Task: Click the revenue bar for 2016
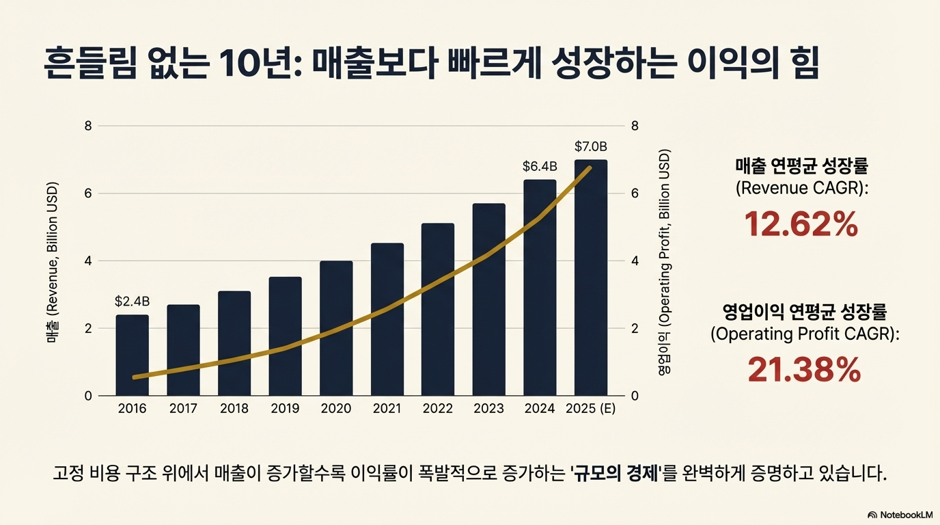(132, 355)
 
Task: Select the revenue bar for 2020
(336, 328)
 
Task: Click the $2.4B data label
(132, 301)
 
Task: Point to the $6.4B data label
(540, 166)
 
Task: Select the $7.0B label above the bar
(591, 146)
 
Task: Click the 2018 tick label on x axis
(234, 409)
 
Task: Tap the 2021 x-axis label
(387, 409)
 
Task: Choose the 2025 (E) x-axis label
(591, 409)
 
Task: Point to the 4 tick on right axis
(635, 261)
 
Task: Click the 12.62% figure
(801, 224)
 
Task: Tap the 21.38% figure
(804, 370)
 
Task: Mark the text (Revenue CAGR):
(801, 188)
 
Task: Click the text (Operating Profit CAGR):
(805, 334)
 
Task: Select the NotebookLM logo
(900, 514)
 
